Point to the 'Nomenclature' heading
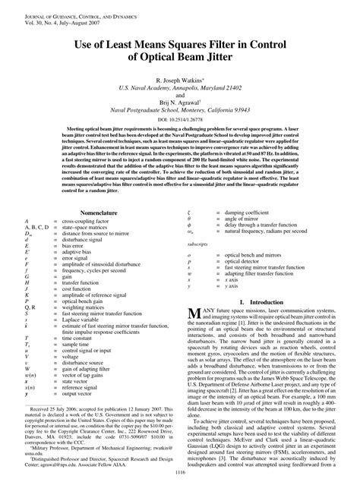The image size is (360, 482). [93, 215]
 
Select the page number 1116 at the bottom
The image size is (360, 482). [180, 473]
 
